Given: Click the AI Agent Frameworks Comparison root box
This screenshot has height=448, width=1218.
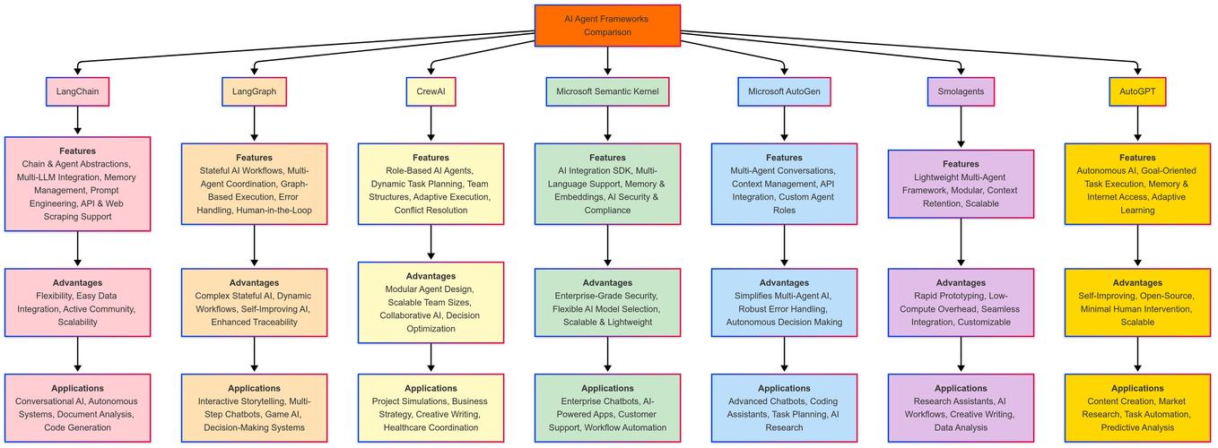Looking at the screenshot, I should (607, 25).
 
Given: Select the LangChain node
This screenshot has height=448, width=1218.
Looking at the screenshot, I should (77, 91).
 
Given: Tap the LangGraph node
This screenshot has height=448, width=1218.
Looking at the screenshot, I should (254, 91).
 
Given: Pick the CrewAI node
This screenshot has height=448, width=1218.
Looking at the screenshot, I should (431, 91).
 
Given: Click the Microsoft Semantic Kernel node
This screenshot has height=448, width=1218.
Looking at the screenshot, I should (607, 91).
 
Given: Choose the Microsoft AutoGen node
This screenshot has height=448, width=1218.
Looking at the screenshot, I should (784, 91).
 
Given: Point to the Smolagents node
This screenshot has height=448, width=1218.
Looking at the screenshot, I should (961, 91).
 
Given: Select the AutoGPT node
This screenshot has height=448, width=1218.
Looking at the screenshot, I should (1137, 91).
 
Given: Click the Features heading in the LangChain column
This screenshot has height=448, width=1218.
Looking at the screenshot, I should (77, 151).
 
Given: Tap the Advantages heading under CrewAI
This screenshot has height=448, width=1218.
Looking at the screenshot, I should (431, 276).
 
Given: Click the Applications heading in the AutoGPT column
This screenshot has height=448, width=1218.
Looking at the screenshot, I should (1137, 388).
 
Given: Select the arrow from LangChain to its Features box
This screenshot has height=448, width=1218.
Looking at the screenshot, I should (77, 121).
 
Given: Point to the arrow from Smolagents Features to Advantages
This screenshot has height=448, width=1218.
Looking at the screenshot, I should (961, 242).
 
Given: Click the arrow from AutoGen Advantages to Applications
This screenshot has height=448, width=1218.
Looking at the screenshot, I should (784, 355).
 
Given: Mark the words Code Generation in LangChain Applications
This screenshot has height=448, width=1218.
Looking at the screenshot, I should (77, 427).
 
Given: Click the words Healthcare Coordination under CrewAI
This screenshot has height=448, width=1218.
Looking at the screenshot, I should (431, 427).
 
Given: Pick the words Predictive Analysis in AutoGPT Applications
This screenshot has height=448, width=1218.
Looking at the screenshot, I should (1137, 427).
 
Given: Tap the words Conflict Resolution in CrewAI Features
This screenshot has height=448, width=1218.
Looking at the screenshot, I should (431, 210).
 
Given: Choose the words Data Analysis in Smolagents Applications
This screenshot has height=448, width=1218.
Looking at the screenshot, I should (961, 427).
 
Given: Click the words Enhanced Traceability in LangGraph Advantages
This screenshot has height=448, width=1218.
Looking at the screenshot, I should (254, 322).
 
